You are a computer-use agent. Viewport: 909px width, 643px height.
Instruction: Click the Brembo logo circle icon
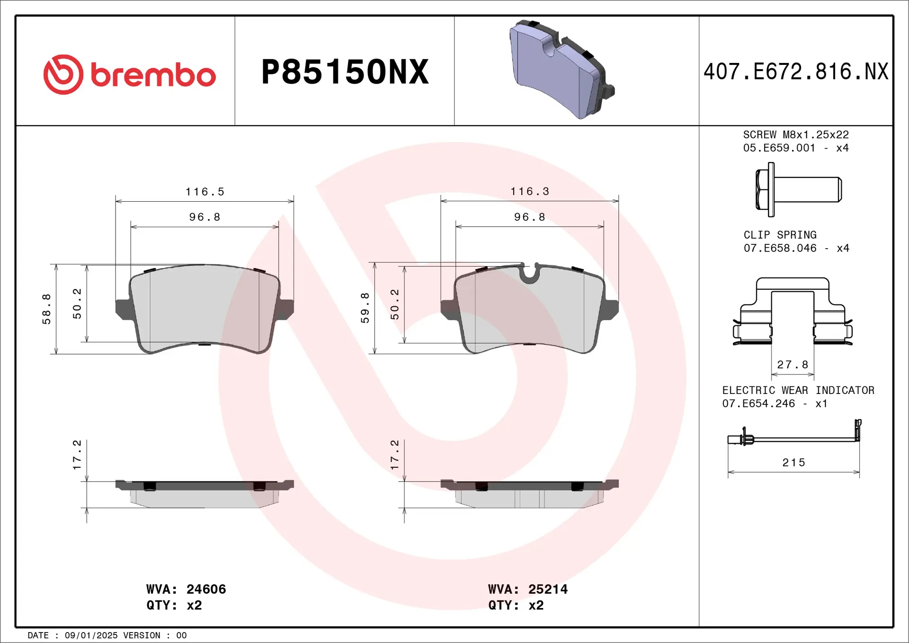click(63, 74)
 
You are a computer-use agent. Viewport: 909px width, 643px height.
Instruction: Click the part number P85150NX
click(345, 72)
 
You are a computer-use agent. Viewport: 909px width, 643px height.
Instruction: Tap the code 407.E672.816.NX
click(795, 72)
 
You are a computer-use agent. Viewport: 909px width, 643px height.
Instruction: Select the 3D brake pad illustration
click(561, 69)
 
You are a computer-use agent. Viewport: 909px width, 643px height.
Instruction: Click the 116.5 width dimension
click(205, 192)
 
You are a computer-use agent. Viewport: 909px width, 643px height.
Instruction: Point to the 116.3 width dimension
click(529, 191)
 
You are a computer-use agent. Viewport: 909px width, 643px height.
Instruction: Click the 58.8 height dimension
click(46, 309)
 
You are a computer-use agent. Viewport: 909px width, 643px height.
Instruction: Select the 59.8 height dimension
click(365, 308)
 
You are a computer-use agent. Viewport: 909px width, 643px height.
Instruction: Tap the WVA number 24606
click(206, 589)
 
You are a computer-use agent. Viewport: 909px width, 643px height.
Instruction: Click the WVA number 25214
click(548, 589)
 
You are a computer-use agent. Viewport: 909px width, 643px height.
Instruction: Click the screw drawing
click(798, 189)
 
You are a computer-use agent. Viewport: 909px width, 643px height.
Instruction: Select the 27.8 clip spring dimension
click(793, 365)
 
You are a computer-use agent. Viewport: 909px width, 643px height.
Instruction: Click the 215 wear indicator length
click(793, 463)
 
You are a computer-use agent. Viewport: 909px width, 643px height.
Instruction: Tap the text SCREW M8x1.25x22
click(795, 135)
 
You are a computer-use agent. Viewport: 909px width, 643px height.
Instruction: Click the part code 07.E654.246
click(758, 403)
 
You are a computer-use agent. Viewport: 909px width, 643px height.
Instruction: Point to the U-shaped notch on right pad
click(529, 273)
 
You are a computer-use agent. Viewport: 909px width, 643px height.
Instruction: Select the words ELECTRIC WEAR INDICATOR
click(798, 390)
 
